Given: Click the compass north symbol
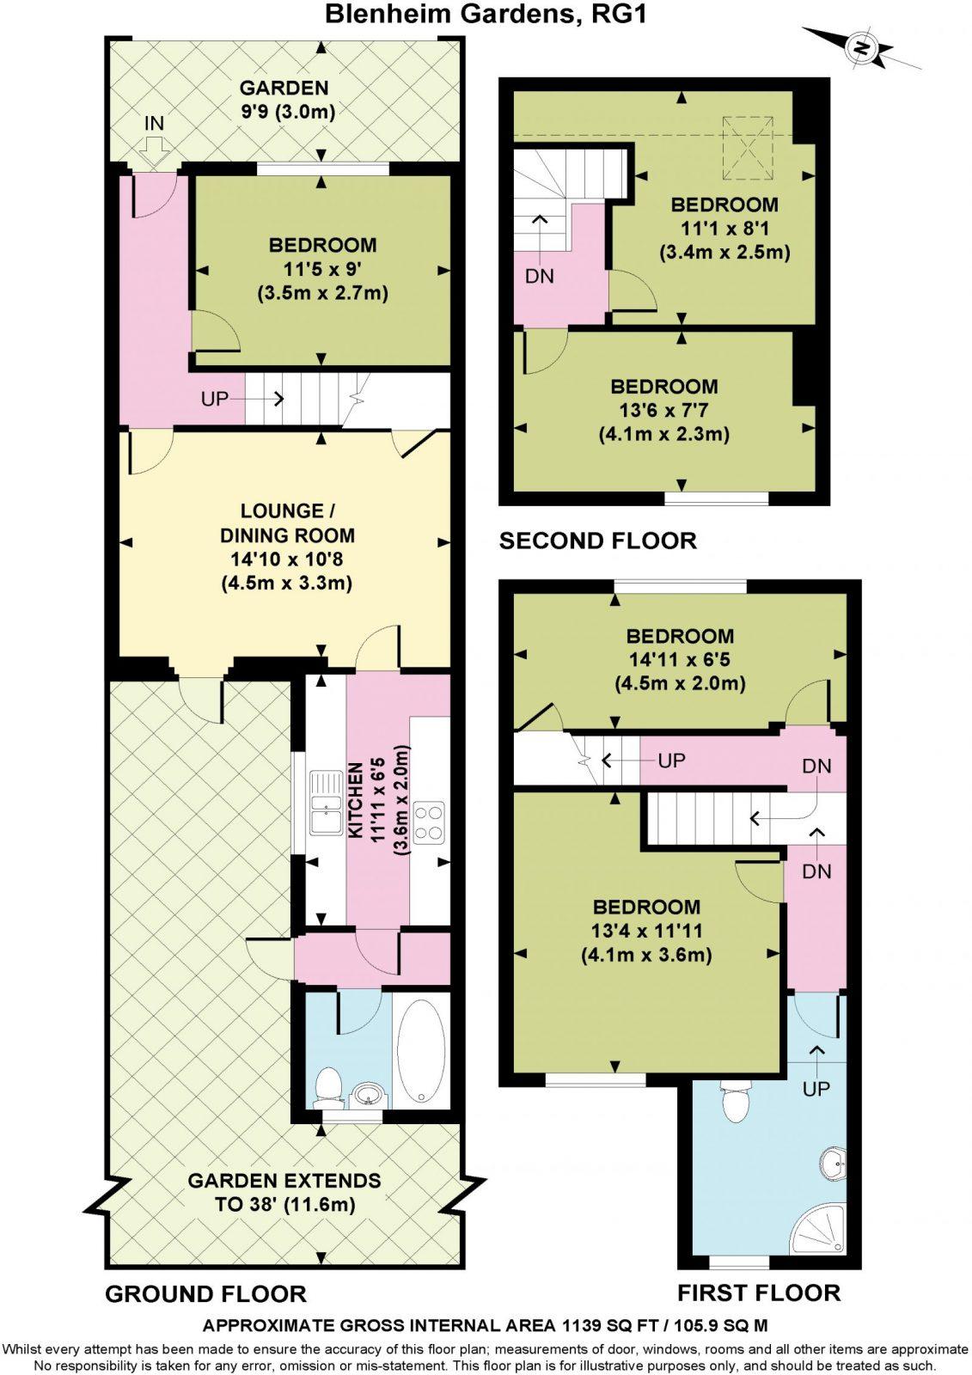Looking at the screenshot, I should (x=860, y=48).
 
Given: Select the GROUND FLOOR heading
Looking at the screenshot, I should (x=205, y=1293).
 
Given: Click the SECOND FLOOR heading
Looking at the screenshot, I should (x=598, y=541).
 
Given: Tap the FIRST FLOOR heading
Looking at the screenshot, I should (x=759, y=1292).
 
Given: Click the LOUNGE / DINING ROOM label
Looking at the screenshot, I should (x=283, y=523).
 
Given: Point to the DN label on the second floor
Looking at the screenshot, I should (x=540, y=277).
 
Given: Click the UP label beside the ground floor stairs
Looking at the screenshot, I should (x=215, y=399).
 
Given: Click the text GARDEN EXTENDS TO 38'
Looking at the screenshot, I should (x=284, y=1192).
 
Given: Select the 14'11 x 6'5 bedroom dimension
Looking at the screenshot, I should (x=679, y=660).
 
